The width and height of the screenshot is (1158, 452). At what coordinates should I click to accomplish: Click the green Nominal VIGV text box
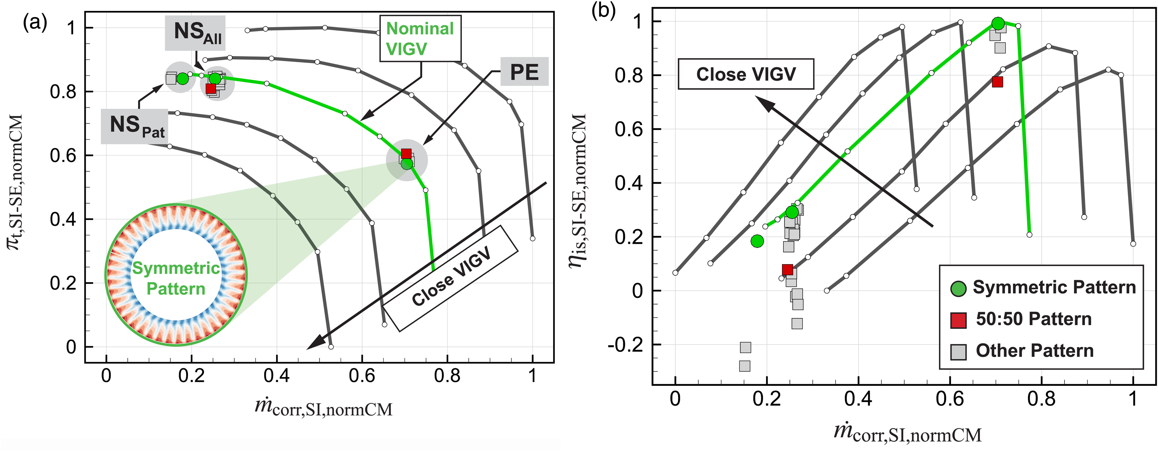point(420,39)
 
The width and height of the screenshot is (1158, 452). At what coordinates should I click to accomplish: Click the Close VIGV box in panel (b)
point(746,74)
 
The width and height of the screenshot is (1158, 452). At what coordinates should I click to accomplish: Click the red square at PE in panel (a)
point(406,154)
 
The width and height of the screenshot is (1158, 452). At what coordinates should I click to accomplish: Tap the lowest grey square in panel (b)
point(744,366)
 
